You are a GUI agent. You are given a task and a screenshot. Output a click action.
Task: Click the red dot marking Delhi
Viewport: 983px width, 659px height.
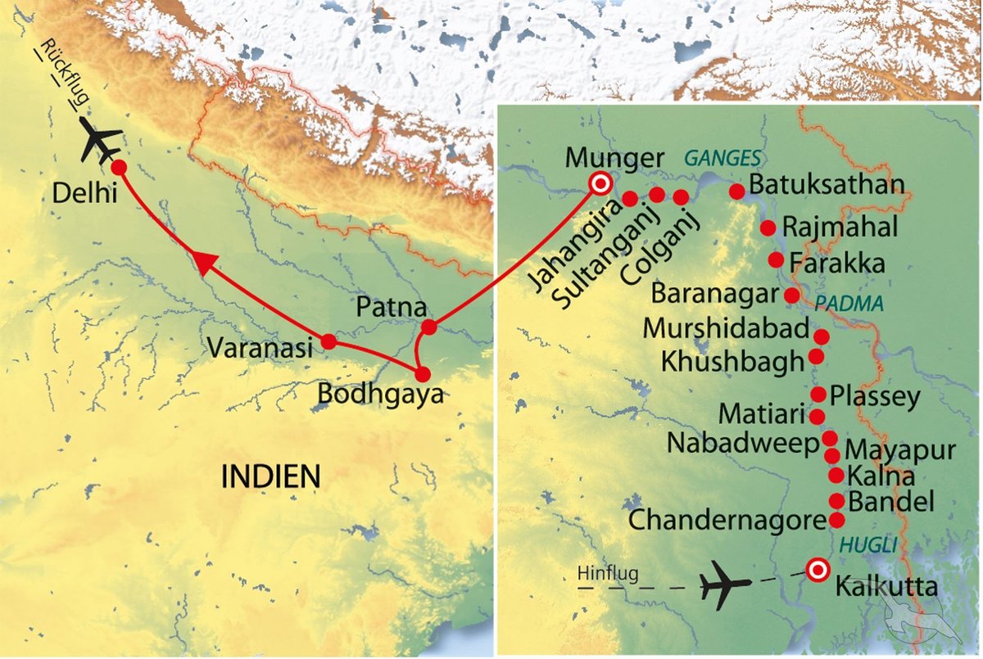pos(118,167)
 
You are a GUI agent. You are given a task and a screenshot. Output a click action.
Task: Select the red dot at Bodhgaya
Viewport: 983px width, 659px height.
pos(423,374)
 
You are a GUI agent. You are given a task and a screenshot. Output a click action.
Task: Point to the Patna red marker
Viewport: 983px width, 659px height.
pos(429,328)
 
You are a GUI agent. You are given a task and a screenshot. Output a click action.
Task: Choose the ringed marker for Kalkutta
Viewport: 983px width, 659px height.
pos(817,570)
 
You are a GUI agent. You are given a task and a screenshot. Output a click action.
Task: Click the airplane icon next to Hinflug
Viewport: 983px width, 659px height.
pos(725,585)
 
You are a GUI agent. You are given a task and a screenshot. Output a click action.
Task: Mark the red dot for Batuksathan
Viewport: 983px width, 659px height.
pos(736,192)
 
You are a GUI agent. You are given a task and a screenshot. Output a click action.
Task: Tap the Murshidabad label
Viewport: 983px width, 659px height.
pos(725,328)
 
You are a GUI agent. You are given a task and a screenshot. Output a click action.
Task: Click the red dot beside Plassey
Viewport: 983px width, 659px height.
pos(818,395)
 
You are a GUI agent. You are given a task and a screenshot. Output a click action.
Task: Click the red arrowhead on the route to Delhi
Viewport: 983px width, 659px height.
pos(204,264)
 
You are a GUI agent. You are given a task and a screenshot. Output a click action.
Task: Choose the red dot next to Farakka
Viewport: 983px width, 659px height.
pos(776,260)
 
